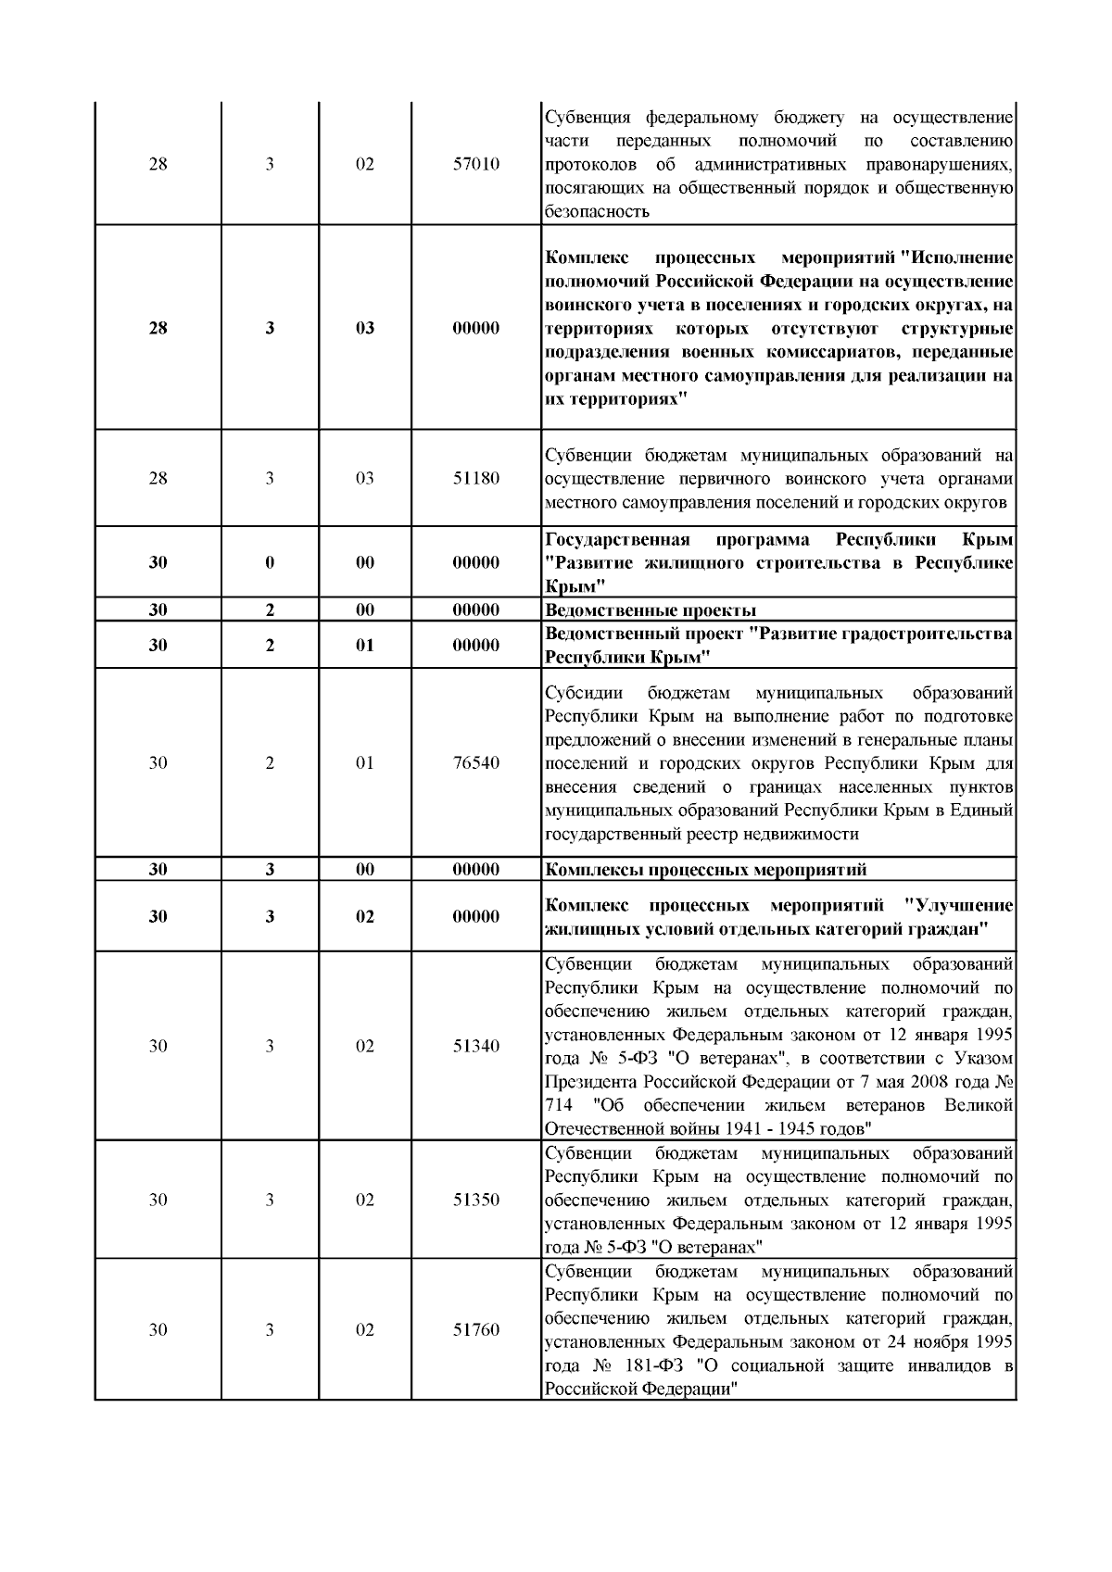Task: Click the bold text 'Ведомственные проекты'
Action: pyautogui.click(x=651, y=610)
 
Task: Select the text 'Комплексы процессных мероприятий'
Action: pyautogui.click(x=706, y=870)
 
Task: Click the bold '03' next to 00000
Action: pyautogui.click(x=365, y=328)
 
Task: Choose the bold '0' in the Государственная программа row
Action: pyautogui.click(x=270, y=563)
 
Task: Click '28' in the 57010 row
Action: pyautogui.click(x=158, y=165)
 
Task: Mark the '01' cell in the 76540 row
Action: pyautogui.click(x=365, y=763)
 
